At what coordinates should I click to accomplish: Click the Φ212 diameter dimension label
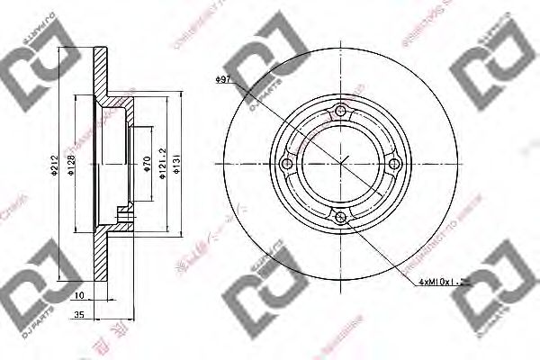coord(54,164)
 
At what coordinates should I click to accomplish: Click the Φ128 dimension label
coord(71,164)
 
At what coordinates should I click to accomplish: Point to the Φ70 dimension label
coord(146,164)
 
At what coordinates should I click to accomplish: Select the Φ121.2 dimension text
coord(162,164)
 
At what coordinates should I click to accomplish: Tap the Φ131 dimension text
coord(179,165)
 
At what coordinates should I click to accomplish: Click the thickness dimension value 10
coord(79,294)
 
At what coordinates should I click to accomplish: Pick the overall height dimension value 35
coord(79,316)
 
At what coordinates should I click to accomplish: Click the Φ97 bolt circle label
coord(225,81)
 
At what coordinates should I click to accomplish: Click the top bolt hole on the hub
coord(340,112)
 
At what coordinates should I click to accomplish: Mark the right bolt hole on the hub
coord(391,164)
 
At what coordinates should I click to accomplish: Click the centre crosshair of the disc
coord(340,164)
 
